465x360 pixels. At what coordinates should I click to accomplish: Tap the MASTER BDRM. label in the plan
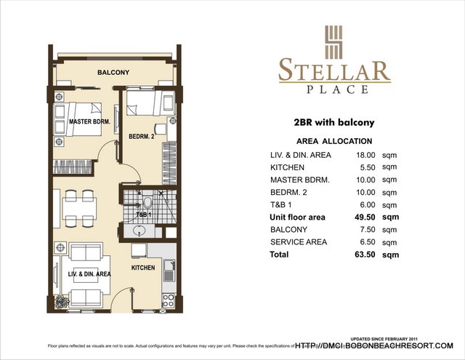(x=89, y=122)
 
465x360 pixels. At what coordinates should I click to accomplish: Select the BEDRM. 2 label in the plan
(x=142, y=137)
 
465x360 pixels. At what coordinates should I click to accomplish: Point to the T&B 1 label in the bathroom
(x=144, y=215)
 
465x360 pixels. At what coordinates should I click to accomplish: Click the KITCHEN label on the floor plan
(x=143, y=268)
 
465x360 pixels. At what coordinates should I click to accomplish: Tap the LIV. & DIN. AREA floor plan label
(x=89, y=274)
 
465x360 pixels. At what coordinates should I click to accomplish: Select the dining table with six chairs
(x=78, y=207)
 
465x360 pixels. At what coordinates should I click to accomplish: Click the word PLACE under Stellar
(x=334, y=89)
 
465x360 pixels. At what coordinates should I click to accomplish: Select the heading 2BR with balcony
(x=334, y=123)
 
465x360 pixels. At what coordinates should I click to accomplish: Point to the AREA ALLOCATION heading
(x=334, y=141)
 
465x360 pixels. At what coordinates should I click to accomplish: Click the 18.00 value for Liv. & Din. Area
(x=365, y=155)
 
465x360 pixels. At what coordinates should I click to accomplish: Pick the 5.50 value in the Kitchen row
(x=365, y=167)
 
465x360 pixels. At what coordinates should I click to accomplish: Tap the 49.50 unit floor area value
(x=365, y=217)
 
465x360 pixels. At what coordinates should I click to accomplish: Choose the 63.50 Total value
(x=365, y=255)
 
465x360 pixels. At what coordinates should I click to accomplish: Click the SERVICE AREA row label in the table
(x=299, y=241)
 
